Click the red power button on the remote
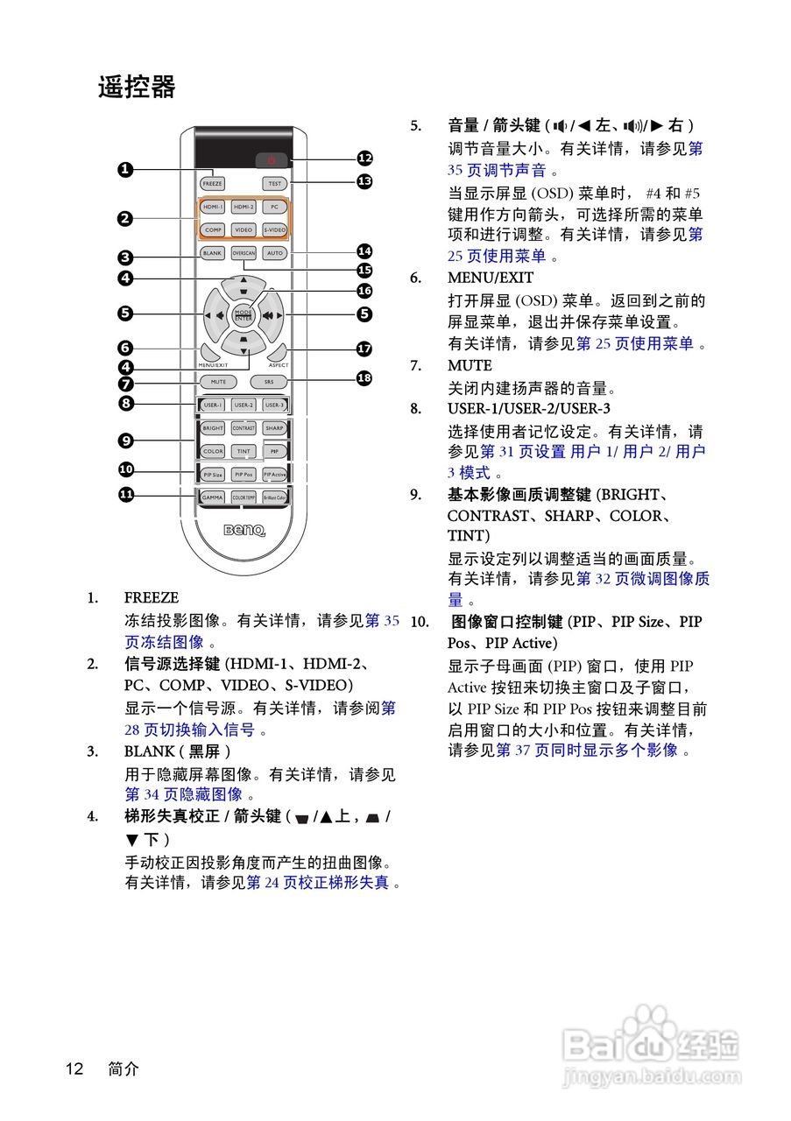click(x=272, y=160)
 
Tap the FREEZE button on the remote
click(x=212, y=184)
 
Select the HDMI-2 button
click(x=244, y=208)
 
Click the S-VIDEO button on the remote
click(x=274, y=229)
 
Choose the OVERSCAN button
click(x=244, y=253)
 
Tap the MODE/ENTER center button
click(x=243, y=314)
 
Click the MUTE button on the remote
click(x=218, y=382)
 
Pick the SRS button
click(x=268, y=382)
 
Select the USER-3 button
click(x=274, y=405)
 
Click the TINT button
click(x=244, y=451)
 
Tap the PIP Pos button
click(x=244, y=474)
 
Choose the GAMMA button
click(x=213, y=497)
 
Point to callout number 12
click(x=364, y=158)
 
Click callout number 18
click(x=364, y=377)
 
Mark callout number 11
click(x=126, y=495)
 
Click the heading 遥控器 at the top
click(x=137, y=88)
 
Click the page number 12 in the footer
click(x=74, y=1068)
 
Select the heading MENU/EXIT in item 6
click(x=491, y=278)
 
